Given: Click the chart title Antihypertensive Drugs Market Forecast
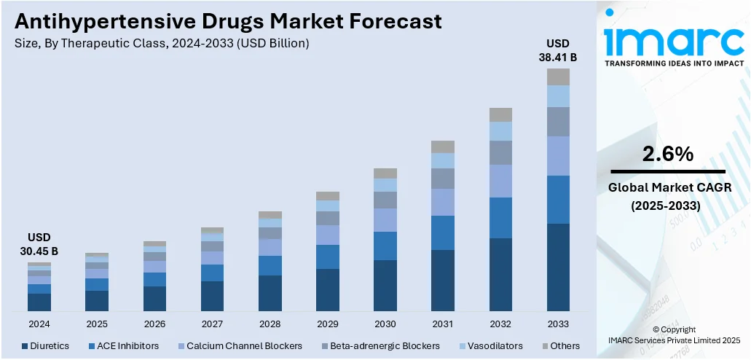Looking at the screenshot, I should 228,20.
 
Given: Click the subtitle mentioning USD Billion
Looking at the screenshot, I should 162,44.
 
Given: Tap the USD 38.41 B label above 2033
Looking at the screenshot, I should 558,50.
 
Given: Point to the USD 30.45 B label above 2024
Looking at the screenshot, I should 39,245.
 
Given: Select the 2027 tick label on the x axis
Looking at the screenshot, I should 212,324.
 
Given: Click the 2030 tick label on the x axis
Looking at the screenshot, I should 385,324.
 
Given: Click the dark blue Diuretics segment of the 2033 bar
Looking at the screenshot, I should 558,267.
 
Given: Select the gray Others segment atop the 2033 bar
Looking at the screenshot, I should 558,77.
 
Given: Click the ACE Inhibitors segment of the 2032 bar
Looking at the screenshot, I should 500,217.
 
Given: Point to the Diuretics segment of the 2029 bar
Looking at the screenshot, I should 327,289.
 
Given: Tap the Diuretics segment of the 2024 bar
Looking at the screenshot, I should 39,302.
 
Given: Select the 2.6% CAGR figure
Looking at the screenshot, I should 667,154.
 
